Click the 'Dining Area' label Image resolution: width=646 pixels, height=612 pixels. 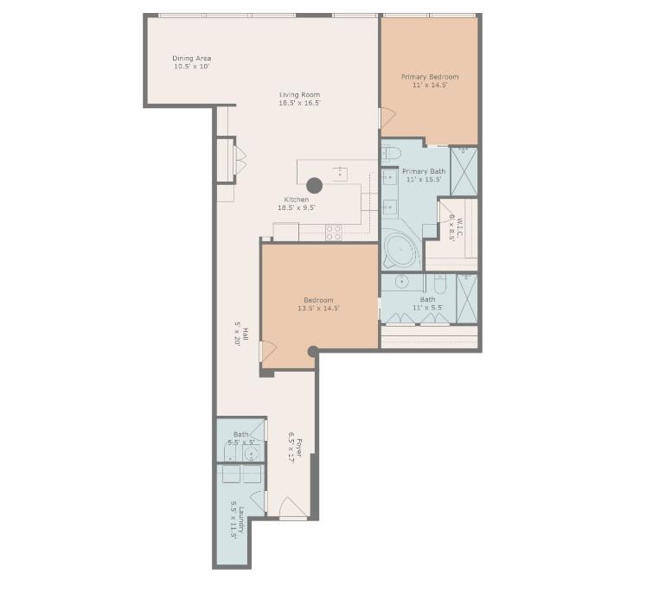pos(191,59)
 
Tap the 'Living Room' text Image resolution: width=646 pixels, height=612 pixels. pos(299,94)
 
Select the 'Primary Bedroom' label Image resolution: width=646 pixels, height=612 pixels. pos(429,77)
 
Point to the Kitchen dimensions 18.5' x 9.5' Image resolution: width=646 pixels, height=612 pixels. pos(296,207)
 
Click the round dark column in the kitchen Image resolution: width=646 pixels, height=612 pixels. pos(314,185)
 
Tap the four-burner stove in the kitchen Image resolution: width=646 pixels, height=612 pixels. pos(333,232)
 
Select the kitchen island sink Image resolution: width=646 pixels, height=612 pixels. pos(340,170)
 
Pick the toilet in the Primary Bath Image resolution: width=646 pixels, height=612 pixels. pos(390,154)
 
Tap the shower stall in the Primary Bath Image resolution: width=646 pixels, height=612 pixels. pos(464,170)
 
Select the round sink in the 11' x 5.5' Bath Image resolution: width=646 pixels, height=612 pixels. pos(402,281)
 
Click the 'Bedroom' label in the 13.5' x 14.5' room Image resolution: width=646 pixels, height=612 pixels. pos(318,300)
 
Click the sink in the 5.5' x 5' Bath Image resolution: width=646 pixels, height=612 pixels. pos(250,451)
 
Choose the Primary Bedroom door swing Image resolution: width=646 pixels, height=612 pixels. pos(387,116)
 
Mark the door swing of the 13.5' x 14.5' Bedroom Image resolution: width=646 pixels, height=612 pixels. pos(268,351)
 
